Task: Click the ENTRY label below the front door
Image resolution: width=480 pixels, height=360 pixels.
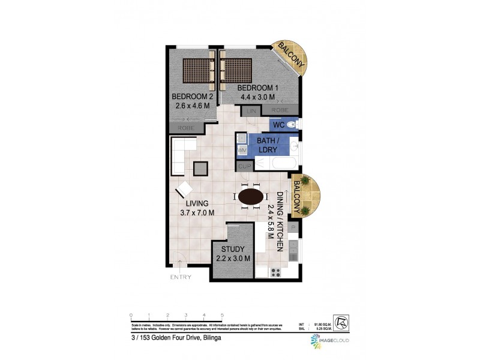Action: [180, 277]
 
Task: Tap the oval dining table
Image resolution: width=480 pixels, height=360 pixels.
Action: [250, 197]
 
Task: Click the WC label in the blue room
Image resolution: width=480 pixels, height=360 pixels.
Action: [278, 125]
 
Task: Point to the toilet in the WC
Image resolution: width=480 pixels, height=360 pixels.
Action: [292, 125]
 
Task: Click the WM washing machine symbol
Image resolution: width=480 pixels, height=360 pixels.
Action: [242, 149]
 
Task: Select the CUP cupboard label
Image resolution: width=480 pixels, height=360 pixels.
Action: [244, 165]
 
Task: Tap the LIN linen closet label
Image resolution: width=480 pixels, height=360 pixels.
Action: [250, 110]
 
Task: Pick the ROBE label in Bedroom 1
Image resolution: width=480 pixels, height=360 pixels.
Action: [280, 110]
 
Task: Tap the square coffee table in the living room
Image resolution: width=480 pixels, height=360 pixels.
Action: [200, 169]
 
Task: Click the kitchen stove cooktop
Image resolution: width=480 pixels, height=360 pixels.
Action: [277, 272]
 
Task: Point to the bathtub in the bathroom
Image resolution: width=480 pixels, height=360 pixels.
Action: [277, 163]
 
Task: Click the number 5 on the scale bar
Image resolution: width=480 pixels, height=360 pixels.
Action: [223, 315]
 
